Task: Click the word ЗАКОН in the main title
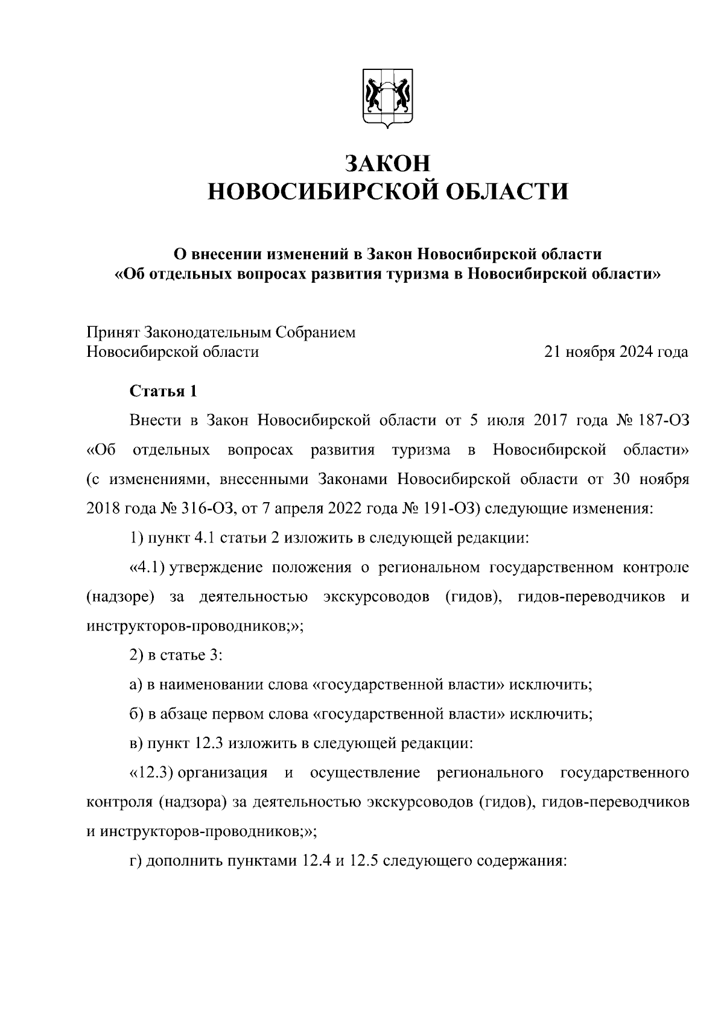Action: pos(388,163)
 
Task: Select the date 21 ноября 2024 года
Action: pos(616,352)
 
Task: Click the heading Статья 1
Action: pos(164,391)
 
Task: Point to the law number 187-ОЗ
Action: pos(655,421)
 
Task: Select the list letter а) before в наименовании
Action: pos(136,685)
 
